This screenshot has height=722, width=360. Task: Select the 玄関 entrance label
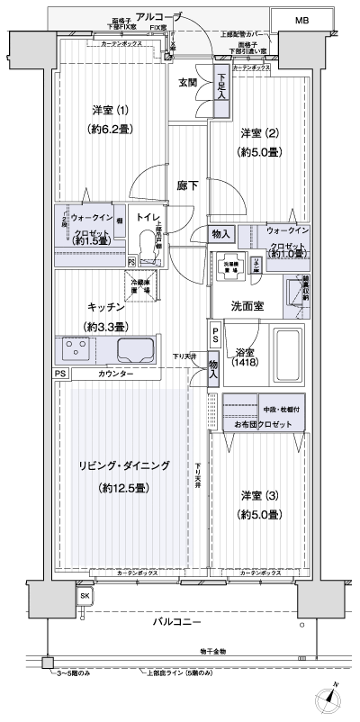click(x=187, y=83)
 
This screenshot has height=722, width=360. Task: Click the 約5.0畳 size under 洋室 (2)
click(x=259, y=151)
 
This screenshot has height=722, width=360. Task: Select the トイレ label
click(x=148, y=217)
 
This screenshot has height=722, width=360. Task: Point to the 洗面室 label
click(x=244, y=306)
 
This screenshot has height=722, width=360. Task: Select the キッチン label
click(x=106, y=307)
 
